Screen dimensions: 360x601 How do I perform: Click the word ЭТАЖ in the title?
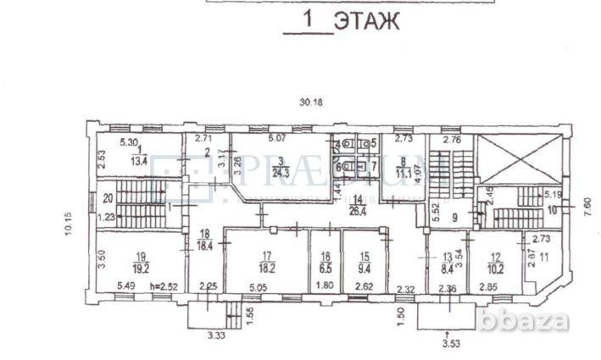click(366, 20)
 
